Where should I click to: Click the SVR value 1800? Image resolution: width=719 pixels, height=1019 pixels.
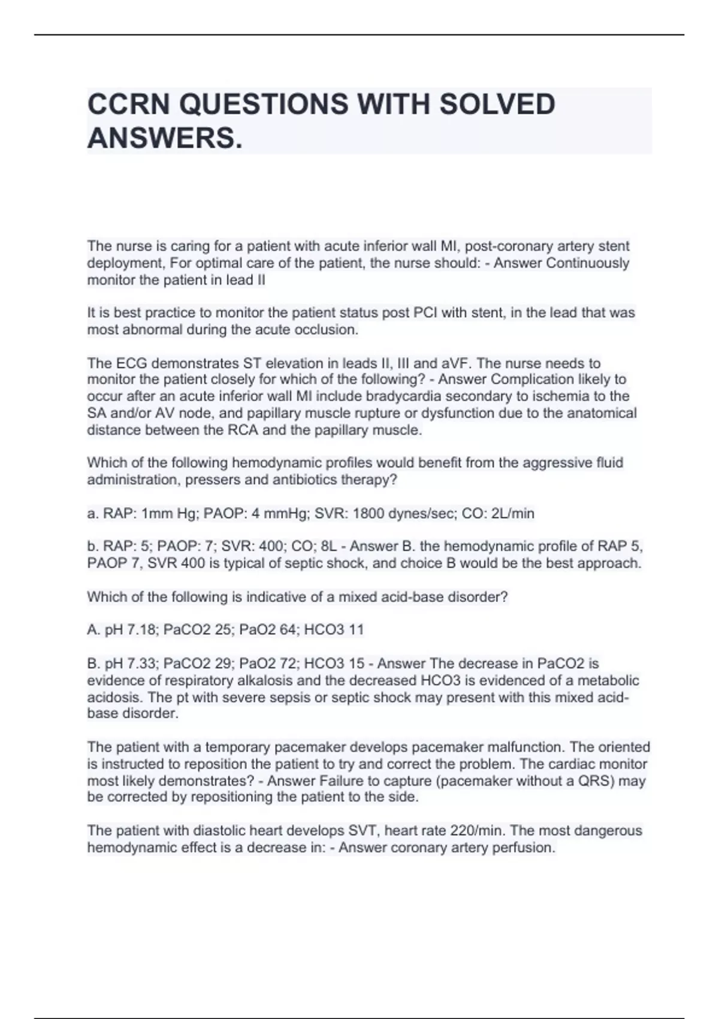click(x=370, y=513)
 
